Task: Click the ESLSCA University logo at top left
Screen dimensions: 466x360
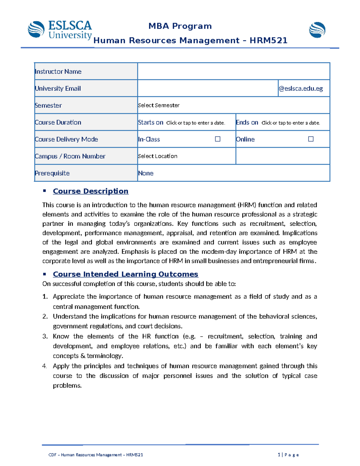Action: [x=60, y=30]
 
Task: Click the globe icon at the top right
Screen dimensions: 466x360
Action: [x=317, y=30]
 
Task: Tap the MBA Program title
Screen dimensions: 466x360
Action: [x=180, y=26]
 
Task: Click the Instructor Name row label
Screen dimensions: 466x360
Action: [x=58, y=71]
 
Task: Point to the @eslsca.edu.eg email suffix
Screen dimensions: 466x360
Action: [x=301, y=89]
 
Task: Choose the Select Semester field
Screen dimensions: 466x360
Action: [x=159, y=105]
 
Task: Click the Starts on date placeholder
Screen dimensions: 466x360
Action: [x=196, y=123]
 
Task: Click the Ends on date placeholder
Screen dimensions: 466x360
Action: [x=291, y=123]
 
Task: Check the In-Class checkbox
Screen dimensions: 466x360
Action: [x=218, y=139]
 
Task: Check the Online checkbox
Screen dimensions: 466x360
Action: [x=311, y=139]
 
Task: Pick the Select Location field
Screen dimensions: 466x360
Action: [x=158, y=156]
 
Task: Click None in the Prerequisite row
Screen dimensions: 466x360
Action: [x=146, y=173]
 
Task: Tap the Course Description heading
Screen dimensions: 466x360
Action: [x=91, y=191]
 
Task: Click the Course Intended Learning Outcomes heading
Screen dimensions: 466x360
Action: [x=125, y=274]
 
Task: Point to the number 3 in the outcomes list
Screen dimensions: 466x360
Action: [x=45, y=336]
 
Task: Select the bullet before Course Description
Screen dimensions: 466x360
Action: [x=44, y=191]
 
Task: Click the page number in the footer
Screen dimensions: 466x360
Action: [x=279, y=455]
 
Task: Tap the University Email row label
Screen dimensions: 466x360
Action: [x=58, y=89]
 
